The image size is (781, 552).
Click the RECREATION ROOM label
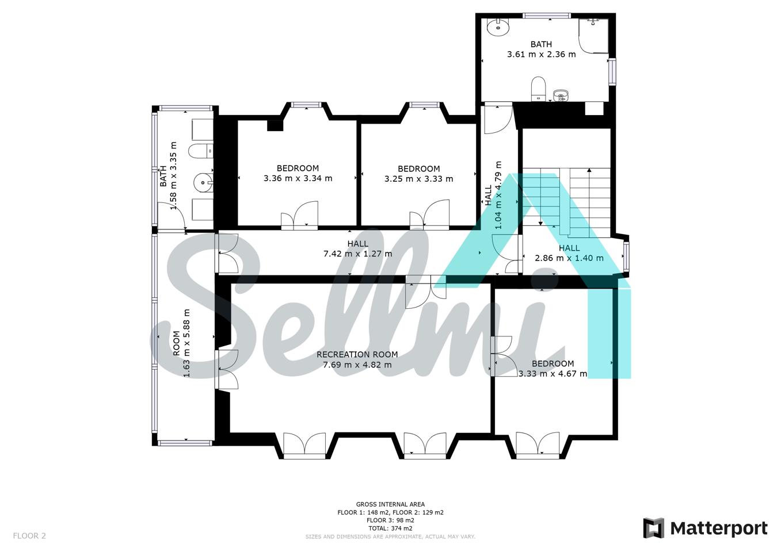[357, 355]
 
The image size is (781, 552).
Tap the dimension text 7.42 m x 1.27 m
[358, 254]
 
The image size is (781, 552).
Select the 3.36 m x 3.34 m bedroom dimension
[298, 179]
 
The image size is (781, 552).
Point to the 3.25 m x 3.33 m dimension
[419, 179]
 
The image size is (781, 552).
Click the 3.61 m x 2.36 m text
[541, 54]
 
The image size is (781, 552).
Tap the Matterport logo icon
[654, 528]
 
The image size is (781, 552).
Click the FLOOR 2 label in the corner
[29, 536]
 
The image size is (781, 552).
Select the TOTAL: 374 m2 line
[390, 528]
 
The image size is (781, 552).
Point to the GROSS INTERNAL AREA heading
[390, 504]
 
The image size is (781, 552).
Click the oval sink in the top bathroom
[498, 27]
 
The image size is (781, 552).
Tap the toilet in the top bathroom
[538, 89]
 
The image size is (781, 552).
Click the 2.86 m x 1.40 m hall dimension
[569, 258]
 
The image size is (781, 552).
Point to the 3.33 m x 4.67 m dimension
[553, 374]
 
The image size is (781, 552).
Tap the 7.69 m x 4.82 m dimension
[357, 365]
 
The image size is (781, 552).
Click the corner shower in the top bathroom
[593, 36]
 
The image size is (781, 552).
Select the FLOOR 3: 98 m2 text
[390, 520]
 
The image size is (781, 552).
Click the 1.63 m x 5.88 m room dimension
[187, 343]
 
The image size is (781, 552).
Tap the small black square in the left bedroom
[275, 126]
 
